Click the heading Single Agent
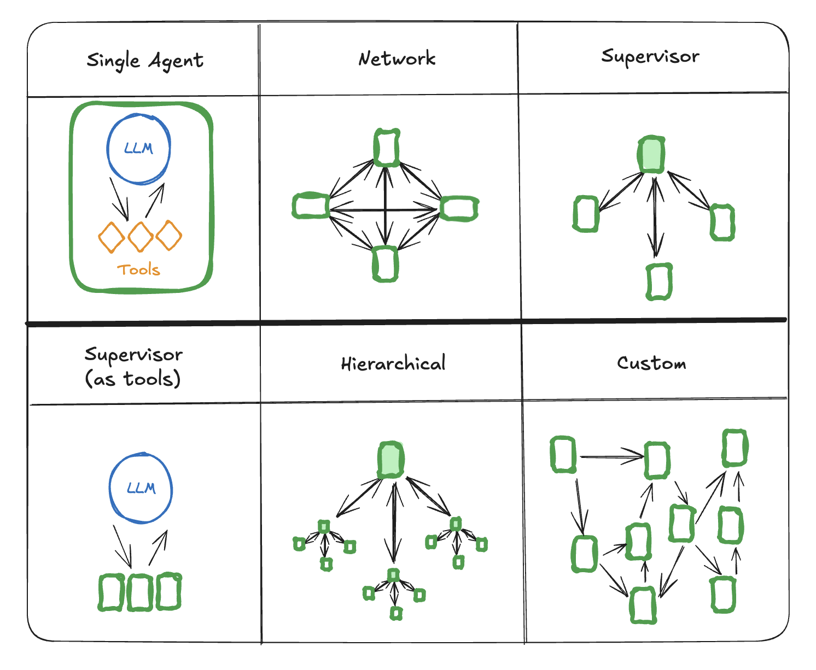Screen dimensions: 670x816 point(145,61)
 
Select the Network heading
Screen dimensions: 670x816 point(397,58)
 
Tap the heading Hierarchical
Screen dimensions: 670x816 point(393,364)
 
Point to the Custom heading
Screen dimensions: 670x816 point(651,363)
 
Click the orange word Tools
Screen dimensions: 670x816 point(138,269)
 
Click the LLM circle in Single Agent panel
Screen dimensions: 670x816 point(138,149)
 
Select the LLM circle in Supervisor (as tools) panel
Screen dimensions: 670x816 point(141,488)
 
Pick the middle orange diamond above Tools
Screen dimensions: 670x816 point(141,237)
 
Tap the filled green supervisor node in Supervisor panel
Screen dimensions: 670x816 point(651,155)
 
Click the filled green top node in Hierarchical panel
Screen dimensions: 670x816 point(391,460)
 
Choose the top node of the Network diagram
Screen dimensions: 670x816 point(387,148)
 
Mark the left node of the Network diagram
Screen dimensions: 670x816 point(311,206)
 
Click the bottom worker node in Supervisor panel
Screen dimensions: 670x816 point(659,281)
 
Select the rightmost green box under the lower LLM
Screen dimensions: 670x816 point(168,591)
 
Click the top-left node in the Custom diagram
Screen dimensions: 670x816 point(563,454)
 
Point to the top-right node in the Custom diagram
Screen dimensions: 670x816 point(735,448)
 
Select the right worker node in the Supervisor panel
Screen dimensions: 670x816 point(722,222)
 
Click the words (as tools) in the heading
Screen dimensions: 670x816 point(133,378)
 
